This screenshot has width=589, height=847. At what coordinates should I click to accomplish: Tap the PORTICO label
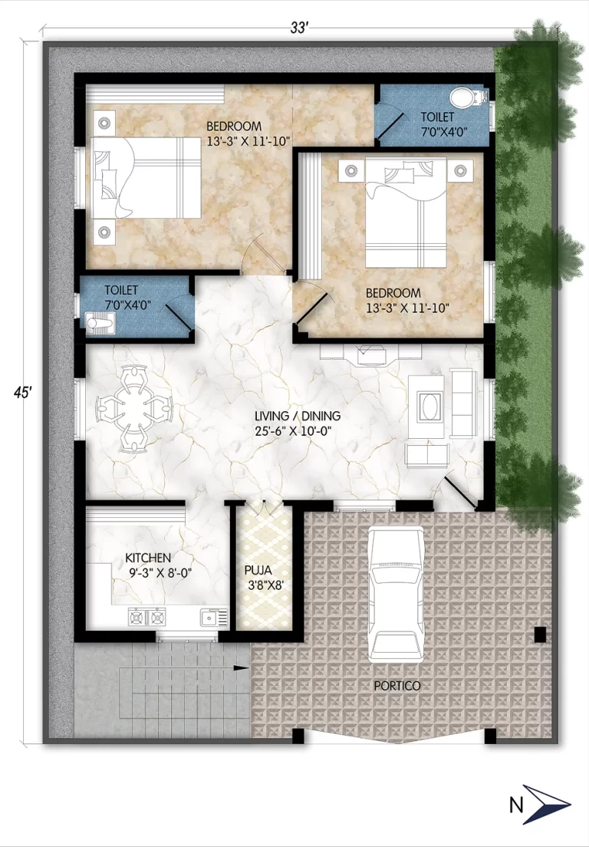pyautogui.click(x=397, y=685)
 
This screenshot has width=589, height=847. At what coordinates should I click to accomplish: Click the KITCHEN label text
pyautogui.click(x=149, y=558)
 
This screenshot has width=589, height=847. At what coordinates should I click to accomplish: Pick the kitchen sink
pyautogui.click(x=209, y=616)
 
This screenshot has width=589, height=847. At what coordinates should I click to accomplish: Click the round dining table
pyautogui.click(x=133, y=407)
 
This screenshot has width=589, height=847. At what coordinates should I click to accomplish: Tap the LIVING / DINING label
pyautogui.click(x=298, y=416)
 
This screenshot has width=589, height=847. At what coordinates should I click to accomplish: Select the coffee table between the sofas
pyautogui.click(x=428, y=407)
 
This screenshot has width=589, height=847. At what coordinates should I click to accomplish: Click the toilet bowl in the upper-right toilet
pyautogui.click(x=462, y=97)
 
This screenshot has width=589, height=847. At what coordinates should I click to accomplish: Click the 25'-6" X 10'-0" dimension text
pyautogui.click(x=298, y=430)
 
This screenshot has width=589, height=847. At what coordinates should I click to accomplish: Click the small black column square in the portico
pyautogui.click(x=540, y=634)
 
